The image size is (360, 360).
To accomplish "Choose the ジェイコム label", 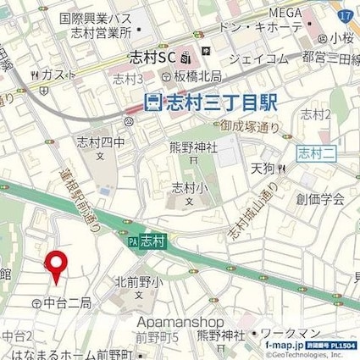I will [x=258, y=59].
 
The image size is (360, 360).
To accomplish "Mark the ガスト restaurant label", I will [x=54, y=75].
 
